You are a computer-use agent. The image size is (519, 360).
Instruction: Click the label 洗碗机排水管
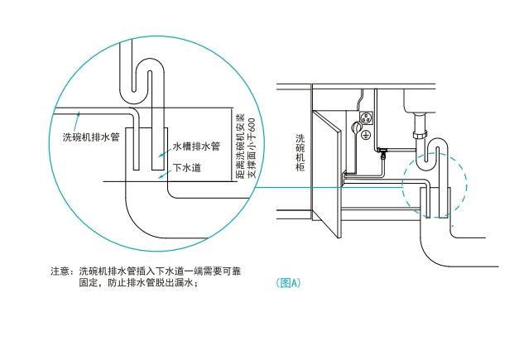coord(92,137)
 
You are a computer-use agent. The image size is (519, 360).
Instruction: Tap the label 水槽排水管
coord(195,146)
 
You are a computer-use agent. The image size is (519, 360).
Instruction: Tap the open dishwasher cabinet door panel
coord(329,178)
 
